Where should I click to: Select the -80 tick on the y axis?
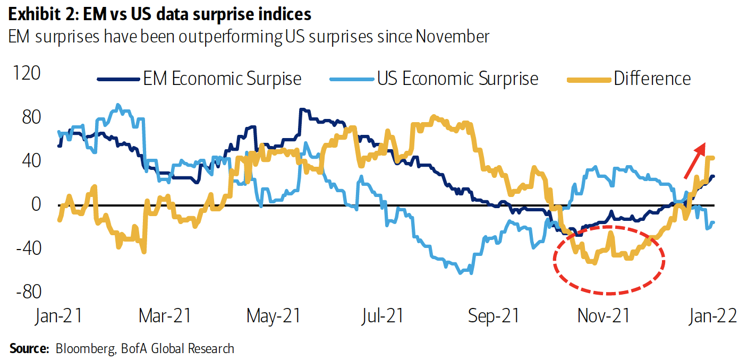click(27, 292)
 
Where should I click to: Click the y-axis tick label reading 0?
click(35, 204)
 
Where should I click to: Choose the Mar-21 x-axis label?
click(164, 316)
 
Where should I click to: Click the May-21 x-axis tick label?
click(274, 316)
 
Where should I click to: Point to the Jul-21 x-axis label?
click(381, 316)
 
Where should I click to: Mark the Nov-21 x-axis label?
click(603, 316)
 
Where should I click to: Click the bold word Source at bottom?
click(26, 349)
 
